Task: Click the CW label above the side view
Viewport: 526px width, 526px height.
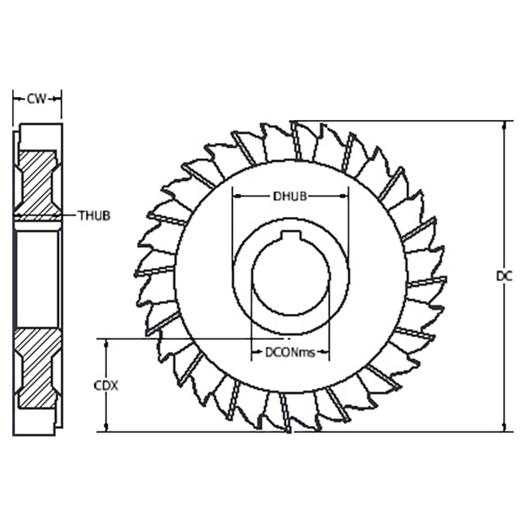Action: click(36, 99)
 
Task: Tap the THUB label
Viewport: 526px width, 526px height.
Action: click(94, 216)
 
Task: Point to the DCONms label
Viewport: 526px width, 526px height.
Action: click(289, 353)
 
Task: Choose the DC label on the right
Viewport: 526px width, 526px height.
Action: click(504, 276)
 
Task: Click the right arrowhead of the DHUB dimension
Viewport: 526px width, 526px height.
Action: click(344, 196)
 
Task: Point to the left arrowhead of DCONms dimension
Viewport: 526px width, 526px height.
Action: click(254, 353)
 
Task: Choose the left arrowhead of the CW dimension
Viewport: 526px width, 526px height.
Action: click(17, 99)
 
